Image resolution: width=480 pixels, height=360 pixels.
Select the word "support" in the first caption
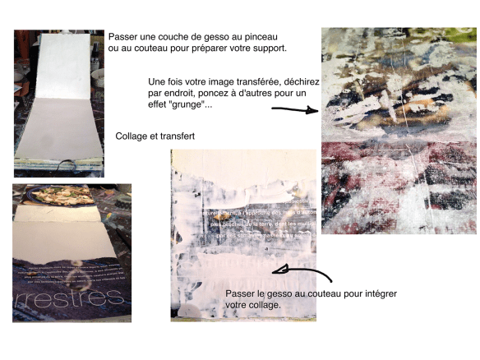click(265, 48)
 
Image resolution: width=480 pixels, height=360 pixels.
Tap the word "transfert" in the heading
click(177, 135)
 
